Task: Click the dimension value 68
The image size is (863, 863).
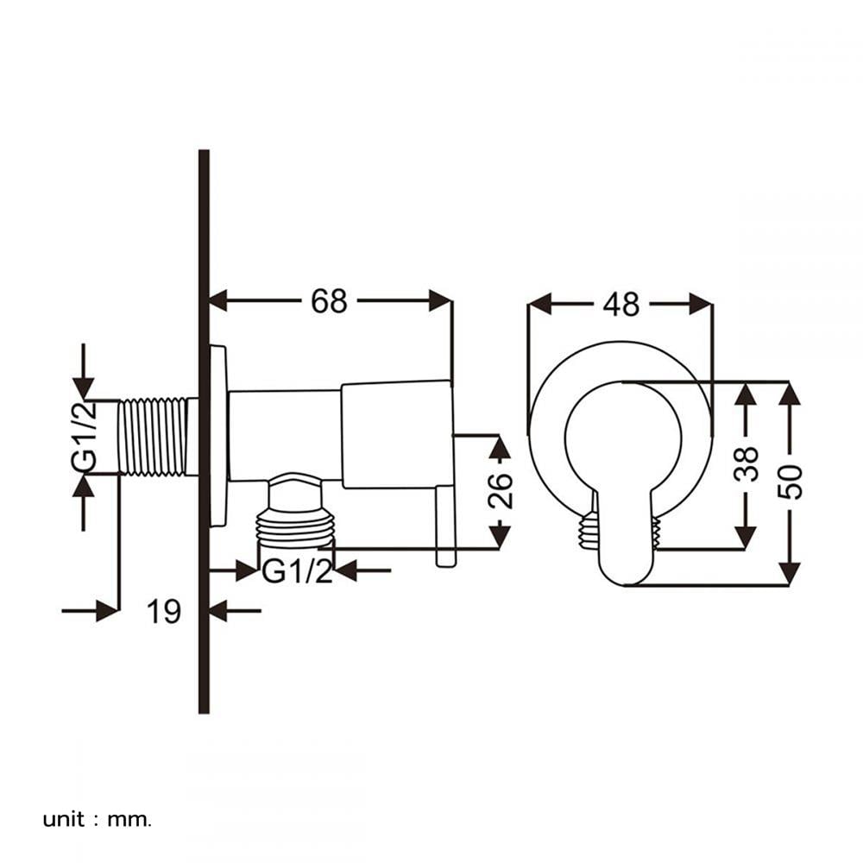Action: (x=329, y=301)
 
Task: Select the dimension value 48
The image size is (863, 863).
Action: (x=620, y=304)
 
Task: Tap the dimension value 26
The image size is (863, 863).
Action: (x=500, y=490)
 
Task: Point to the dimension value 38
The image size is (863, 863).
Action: (x=746, y=463)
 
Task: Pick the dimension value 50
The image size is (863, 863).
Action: (x=790, y=482)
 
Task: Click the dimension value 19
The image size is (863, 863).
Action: (x=163, y=611)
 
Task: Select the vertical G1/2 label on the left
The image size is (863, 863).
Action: (x=84, y=437)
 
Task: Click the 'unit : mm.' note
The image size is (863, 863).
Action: (x=97, y=820)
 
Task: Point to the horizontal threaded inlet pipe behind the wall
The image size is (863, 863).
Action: (x=158, y=437)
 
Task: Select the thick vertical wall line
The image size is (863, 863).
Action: (x=204, y=431)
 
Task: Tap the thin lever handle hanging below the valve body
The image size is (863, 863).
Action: (x=446, y=526)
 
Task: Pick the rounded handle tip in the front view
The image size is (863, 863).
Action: (x=625, y=567)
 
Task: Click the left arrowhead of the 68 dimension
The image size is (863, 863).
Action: (x=218, y=301)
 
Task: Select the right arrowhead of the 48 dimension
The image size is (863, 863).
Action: (x=701, y=304)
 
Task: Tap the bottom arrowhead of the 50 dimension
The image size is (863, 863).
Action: (x=790, y=574)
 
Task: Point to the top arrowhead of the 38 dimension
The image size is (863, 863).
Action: (x=746, y=394)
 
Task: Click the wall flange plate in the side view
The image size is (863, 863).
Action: (x=218, y=436)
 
